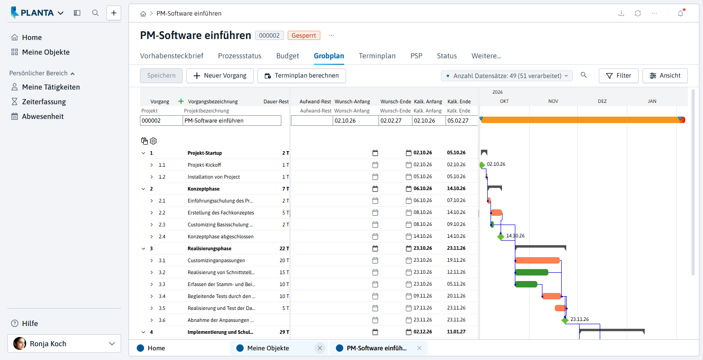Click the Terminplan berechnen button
click(x=301, y=76)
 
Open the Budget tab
click(x=287, y=56)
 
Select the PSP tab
click(x=416, y=56)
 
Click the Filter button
click(x=618, y=76)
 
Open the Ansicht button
click(x=665, y=76)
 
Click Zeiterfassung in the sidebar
click(x=44, y=102)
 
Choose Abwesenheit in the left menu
click(x=43, y=117)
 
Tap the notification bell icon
click(x=681, y=13)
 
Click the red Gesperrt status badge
click(x=304, y=35)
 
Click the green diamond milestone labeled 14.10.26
click(x=501, y=236)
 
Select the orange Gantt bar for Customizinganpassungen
click(x=538, y=260)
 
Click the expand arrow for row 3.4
click(x=151, y=296)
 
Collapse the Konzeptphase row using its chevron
click(x=144, y=189)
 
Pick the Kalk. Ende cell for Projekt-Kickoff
click(x=456, y=164)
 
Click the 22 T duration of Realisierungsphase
click(x=284, y=248)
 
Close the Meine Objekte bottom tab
click(x=320, y=348)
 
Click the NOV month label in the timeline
click(x=553, y=101)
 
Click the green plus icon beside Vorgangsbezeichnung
click(x=181, y=101)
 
